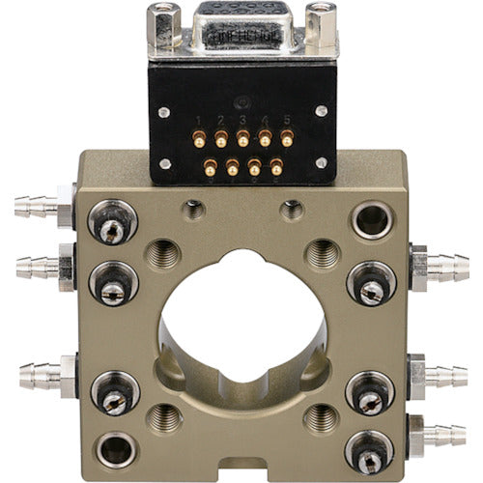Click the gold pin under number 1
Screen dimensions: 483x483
click(x=199, y=141)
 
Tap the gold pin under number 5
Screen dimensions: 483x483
click(x=287, y=141)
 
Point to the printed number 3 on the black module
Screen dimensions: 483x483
click(x=243, y=121)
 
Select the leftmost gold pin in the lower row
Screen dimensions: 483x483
click(x=210, y=169)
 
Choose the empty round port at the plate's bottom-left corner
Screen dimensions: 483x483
click(x=115, y=448)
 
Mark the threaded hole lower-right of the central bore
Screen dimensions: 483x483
click(x=322, y=417)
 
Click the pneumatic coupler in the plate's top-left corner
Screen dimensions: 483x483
click(x=112, y=225)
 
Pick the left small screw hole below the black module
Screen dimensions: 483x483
click(x=194, y=209)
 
